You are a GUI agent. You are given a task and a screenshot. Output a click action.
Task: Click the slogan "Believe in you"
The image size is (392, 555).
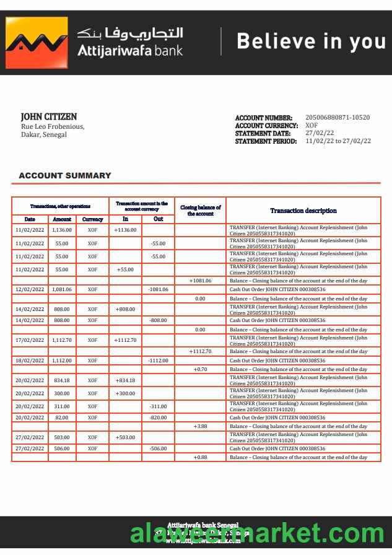pyautogui.click(x=311, y=42)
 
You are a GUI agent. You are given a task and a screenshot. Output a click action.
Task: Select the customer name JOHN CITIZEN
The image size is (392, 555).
pyautogui.click(x=49, y=116)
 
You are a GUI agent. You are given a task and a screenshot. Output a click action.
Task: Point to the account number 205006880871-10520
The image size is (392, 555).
pyautogui.click(x=338, y=118)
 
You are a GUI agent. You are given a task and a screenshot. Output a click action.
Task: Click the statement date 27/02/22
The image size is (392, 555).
pyautogui.click(x=320, y=133)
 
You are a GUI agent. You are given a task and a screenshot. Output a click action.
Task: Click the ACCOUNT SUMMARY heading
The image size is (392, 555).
pyautogui.click(x=65, y=176)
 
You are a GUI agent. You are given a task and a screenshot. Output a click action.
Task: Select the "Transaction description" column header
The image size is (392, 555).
pyautogui.click(x=303, y=211)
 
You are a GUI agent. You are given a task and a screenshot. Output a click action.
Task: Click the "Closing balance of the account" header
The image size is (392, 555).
pyautogui.click(x=200, y=210)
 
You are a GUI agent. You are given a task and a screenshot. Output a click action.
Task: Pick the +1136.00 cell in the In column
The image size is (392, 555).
pyautogui.click(x=125, y=230)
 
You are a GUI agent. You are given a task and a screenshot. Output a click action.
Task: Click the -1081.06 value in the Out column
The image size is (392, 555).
pyautogui.click(x=158, y=289)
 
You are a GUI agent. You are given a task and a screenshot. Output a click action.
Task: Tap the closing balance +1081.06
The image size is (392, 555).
pyautogui.click(x=201, y=281)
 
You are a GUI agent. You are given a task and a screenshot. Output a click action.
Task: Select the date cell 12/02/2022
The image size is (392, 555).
pyautogui.click(x=30, y=289)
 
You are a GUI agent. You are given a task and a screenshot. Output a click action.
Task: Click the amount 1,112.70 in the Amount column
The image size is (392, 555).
pyautogui.click(x=62, y=340)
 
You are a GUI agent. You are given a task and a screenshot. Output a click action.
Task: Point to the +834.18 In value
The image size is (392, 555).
pyautogui.click(x=125, y=380)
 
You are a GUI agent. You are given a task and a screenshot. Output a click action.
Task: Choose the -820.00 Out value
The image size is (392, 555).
pyautogui.click(x=158, y=418)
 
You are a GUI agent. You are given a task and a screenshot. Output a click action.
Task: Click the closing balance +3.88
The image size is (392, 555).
pyautogui.click(x=200, y=427)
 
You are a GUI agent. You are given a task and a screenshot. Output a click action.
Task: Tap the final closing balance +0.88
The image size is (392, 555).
pyautogui.click(x=200, y=457)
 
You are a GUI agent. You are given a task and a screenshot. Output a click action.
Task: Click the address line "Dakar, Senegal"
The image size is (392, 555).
pyautogui.click(x=44, y=134)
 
